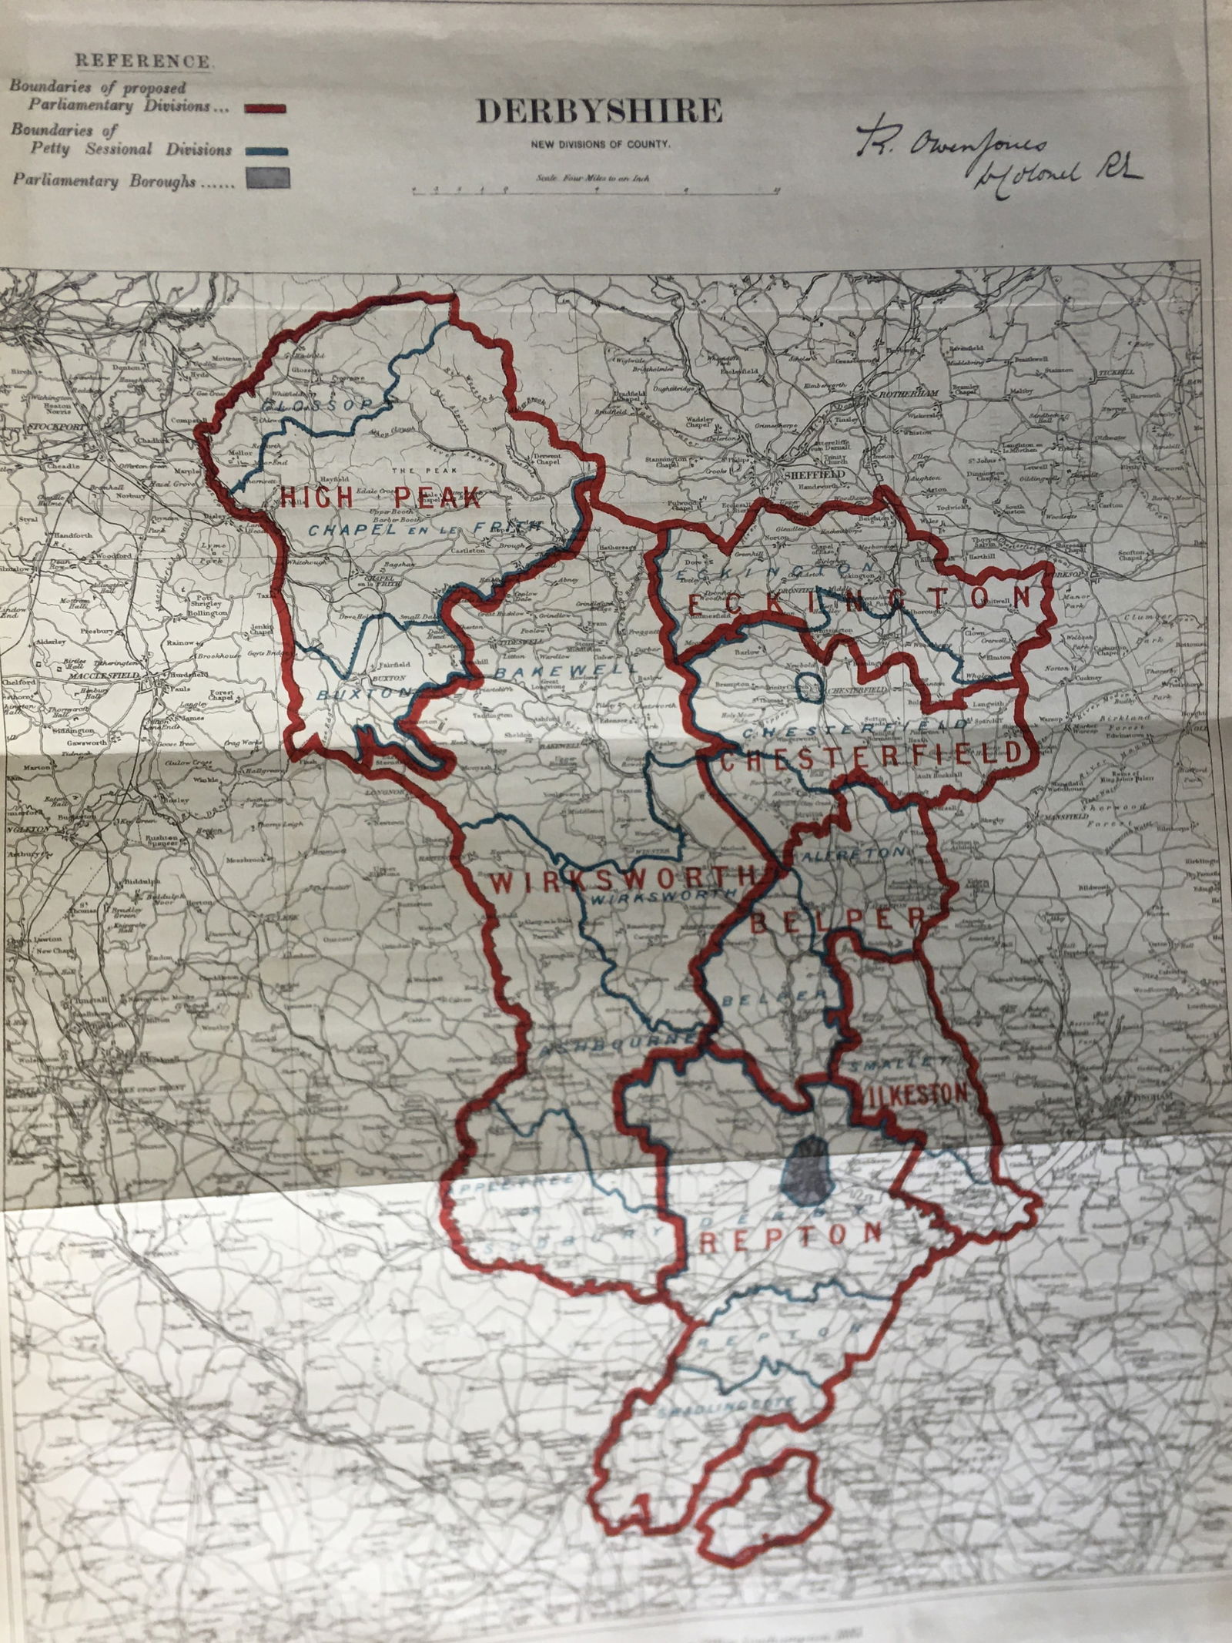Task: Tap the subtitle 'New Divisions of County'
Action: (598, 144)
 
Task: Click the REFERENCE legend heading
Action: (142, 61)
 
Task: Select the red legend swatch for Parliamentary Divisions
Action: (265, 109)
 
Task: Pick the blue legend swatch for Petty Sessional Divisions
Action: (266, 150)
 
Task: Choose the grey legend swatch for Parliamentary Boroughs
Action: (266, 179)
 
